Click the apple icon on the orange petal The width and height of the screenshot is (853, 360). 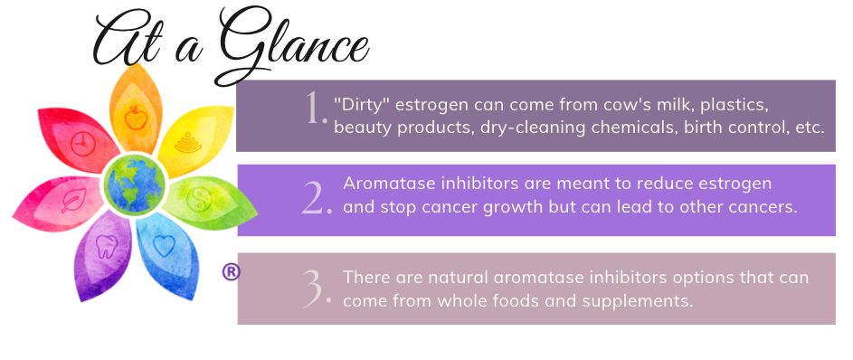[136, 117]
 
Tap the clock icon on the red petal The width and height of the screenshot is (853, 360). [83, 144]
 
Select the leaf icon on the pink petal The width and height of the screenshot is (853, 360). [73, 200]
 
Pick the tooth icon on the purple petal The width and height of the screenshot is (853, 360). [106, 247]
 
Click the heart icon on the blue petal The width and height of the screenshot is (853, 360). [164, 246]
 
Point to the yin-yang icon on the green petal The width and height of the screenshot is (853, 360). [199, 199]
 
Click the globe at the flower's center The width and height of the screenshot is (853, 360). [135, 185]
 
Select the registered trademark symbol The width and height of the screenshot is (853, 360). [232, 272]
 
